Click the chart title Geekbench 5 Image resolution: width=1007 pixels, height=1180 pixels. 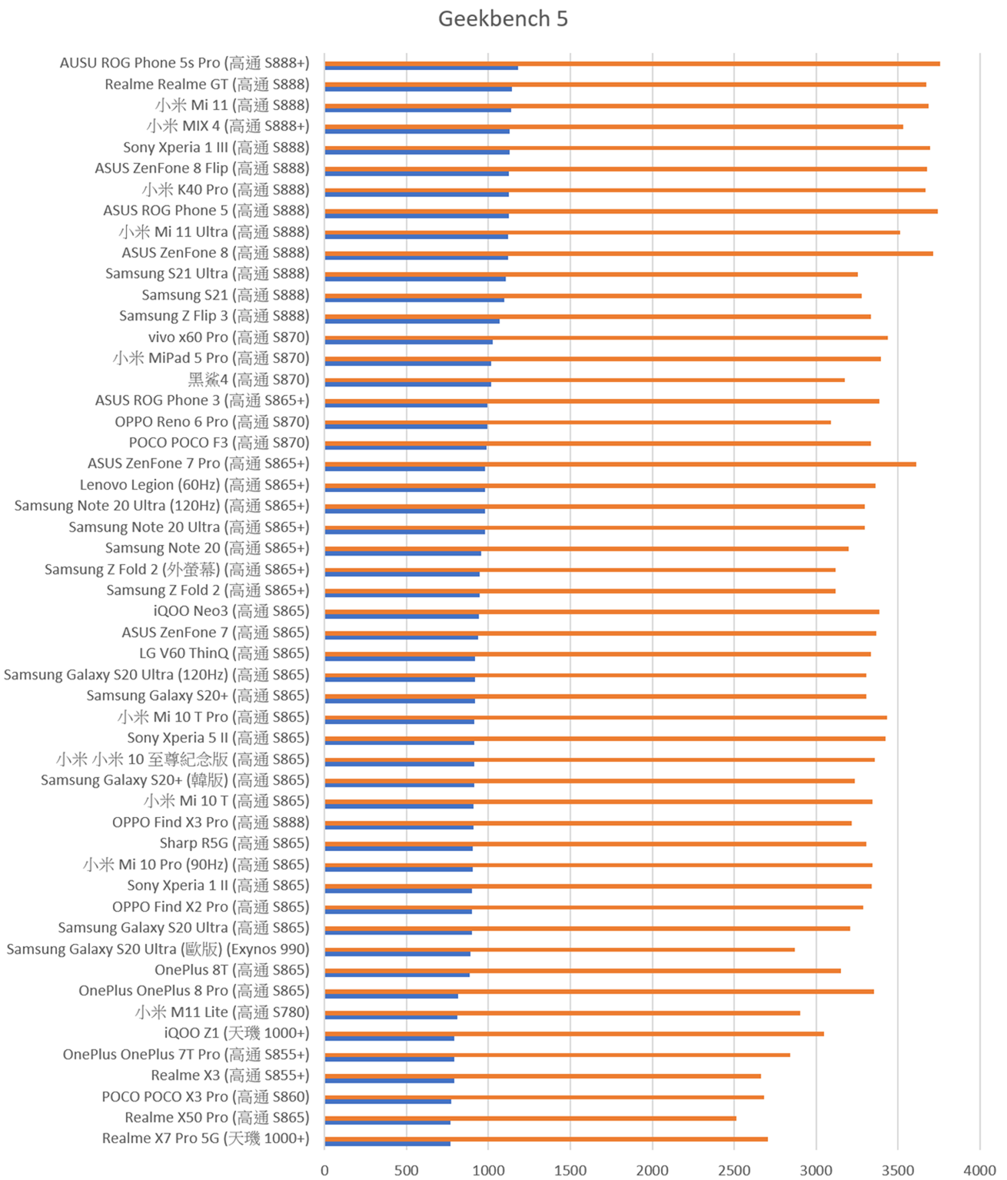click(x=503, y=18)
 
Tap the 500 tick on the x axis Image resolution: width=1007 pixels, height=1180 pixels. click(x=407, y=1169)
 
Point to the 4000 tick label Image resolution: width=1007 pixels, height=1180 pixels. click(x=979, y=1169)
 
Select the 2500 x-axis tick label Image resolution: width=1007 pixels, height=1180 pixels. click(x=734, y=1169)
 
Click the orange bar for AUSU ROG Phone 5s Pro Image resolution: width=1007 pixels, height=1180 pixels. click(x=632, y=63)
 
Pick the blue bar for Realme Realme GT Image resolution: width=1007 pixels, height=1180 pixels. click(x=418, y=89)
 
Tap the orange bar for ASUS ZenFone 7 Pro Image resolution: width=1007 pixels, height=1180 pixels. click(x=620, y=464)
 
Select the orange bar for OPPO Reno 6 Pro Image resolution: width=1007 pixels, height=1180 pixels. click(x=577, y=422)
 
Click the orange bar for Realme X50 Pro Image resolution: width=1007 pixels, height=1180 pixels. click(x=530, y=1118)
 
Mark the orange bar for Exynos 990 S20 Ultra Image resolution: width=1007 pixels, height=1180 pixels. click(x=560, y=949)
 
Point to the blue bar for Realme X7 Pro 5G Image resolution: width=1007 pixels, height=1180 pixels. click(x=387, y=1143)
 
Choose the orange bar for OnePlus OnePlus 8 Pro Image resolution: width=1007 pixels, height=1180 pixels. click(x=599, y=991)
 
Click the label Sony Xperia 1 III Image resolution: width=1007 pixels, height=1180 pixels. click(x=216, y=148)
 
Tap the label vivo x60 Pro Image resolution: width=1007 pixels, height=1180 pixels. click(x=228, y=337)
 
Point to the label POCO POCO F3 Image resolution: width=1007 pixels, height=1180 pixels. click(x=218, y=443)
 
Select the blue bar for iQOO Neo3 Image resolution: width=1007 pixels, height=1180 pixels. click(x=401, y=616)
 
